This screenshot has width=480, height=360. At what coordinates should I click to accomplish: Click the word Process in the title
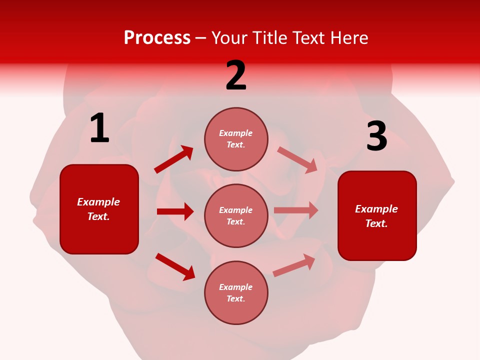157,38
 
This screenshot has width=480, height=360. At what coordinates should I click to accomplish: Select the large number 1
99,129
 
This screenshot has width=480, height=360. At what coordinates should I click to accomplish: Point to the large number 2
236,76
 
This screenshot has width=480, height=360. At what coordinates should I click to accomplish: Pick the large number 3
376,137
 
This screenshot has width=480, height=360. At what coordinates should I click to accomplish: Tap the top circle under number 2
236,139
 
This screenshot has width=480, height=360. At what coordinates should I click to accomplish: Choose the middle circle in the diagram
236,215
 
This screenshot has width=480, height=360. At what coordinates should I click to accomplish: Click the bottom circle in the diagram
236,292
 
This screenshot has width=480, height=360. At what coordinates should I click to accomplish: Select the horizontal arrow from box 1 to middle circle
175,211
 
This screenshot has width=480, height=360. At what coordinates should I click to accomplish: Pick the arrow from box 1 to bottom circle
175,266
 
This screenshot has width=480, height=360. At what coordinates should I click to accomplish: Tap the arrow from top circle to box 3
297,160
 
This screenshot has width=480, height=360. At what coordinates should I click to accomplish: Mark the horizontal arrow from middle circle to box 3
296,210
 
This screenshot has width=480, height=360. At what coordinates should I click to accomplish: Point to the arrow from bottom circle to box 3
294,265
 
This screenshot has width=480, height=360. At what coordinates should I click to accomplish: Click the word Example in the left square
98,202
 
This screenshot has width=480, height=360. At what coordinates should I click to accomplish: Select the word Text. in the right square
376,223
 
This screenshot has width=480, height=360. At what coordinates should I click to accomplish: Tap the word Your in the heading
229,38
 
